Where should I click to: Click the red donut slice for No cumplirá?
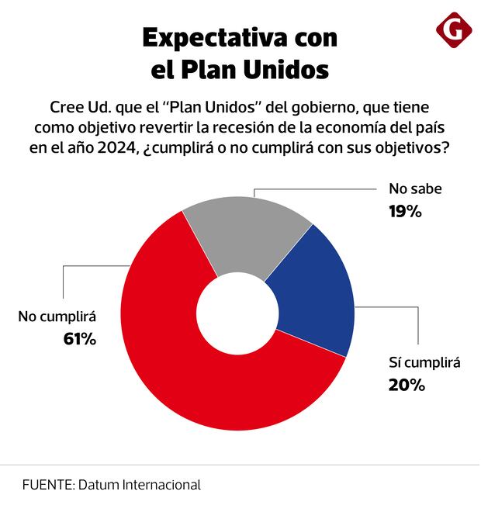[x=178, y=365]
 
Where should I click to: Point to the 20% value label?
[x=407, y=384]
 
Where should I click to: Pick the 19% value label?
[x=404, y=210]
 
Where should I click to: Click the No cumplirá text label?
[x=57, y=317]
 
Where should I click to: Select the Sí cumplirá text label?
[x=424, y=362]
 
